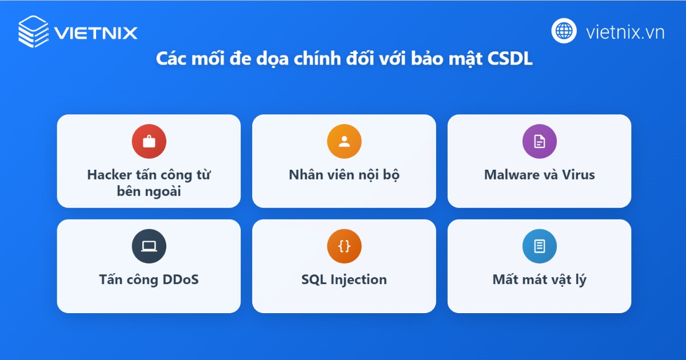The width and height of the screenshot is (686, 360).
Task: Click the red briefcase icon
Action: point(149,142)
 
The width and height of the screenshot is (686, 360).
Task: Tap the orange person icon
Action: point(344,142)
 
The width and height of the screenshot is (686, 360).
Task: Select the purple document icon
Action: point(540,142)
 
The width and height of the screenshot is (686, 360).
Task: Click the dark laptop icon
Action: point(149,246)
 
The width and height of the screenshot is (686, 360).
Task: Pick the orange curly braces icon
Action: point(344,246)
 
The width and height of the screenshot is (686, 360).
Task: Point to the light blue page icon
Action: point(540,246)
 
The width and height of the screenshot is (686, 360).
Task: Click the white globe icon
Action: point(564,31)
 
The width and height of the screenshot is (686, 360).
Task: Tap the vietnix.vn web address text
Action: point(625,32)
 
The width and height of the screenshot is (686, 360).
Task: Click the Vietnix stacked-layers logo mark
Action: point(33,31)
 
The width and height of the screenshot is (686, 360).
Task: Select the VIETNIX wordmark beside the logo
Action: point(96,33)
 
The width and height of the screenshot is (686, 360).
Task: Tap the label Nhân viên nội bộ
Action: point(344,175)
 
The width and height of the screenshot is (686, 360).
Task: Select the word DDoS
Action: point(181,279)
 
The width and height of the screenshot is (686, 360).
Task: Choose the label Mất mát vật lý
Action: point(540,280)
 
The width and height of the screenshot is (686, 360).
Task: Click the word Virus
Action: point(578,175)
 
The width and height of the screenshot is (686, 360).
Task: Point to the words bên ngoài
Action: point(149,191)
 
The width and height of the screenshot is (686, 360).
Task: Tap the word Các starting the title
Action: point(171,58)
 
